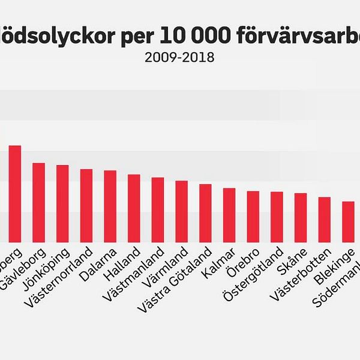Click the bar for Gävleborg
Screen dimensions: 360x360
(39, 202)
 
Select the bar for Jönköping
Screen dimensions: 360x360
(62, 203)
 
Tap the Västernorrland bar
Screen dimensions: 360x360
(86, 205)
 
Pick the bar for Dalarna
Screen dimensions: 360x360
(110, 205)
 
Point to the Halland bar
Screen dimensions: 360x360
(134, 208)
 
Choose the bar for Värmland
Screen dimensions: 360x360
(181, 211)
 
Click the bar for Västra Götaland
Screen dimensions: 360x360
(205, 212)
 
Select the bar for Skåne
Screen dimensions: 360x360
(301, 217)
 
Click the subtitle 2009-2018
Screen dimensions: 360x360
(179, 58)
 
